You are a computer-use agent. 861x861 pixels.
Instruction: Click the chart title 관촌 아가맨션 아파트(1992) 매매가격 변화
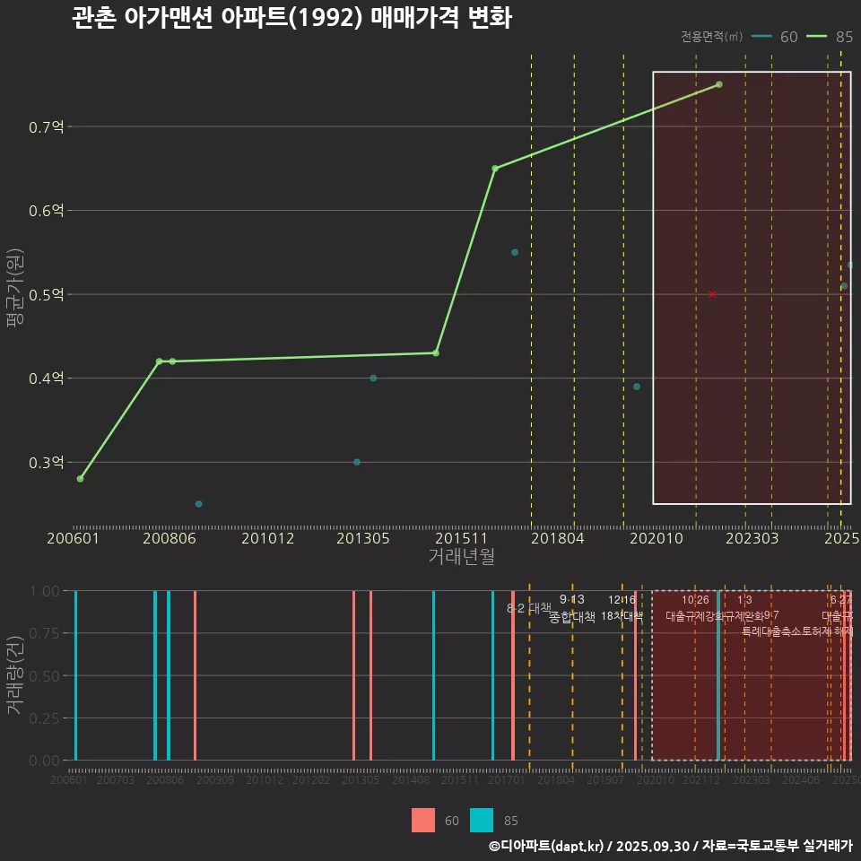[291, 18]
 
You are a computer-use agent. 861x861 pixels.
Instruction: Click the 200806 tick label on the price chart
[171, 538]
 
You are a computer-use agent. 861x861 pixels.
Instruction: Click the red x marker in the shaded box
[712, 294]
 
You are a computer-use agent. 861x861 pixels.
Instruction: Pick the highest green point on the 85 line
[718, 84]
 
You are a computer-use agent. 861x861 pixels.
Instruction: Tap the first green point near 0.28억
[81, 479]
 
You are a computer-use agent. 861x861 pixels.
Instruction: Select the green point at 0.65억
[495, 169]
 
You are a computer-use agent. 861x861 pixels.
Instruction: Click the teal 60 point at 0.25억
[199, 504]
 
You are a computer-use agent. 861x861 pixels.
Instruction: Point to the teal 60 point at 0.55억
[515, 253]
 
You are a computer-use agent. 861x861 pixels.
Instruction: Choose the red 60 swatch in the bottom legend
[423, 820]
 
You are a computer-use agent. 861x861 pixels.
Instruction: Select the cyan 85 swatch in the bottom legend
[482, 820]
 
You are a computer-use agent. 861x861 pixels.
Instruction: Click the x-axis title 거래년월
[461, 557]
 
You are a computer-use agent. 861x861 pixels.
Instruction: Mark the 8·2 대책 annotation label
[529, 608]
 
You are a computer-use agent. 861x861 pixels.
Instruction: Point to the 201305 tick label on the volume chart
[361, 780]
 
